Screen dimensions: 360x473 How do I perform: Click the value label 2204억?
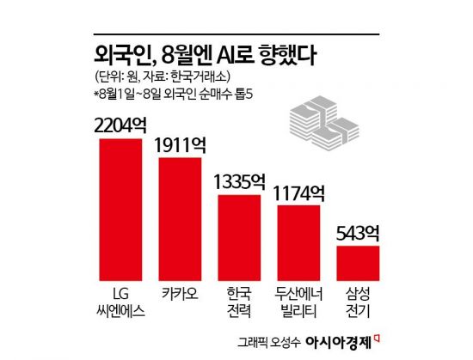coord(120,124)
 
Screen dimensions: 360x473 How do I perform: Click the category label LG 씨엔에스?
coord(120,294)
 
